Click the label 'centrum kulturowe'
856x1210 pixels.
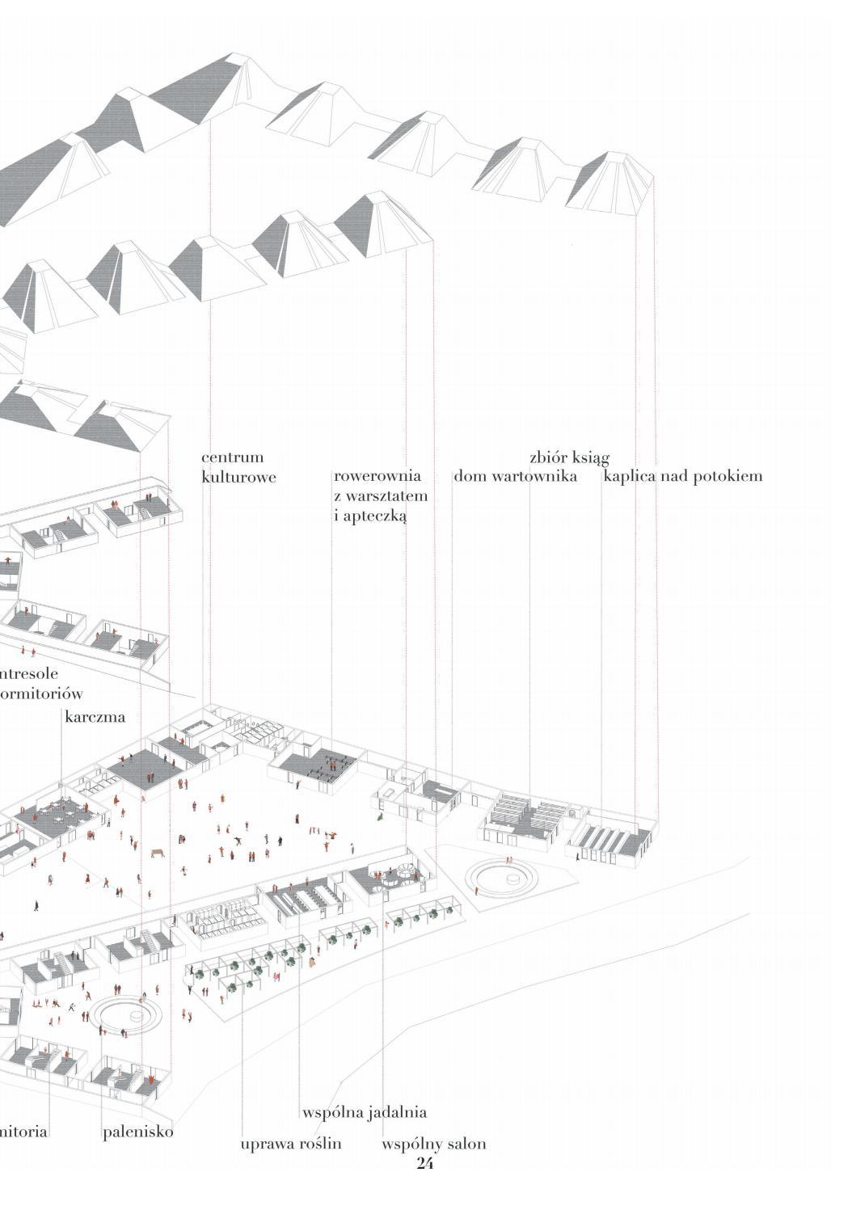(x=238, y=467)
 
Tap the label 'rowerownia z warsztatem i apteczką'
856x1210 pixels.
(x=380, y=495)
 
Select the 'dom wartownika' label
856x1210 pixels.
(x=515, y=476)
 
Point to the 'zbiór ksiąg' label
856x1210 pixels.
(x=569, y=457)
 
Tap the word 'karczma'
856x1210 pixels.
(x=95, y=716)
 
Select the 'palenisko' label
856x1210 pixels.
(x=138, y=1132)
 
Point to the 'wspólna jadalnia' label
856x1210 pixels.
(x=365, y=1113)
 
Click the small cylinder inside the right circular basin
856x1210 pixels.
(x=512, y=878)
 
